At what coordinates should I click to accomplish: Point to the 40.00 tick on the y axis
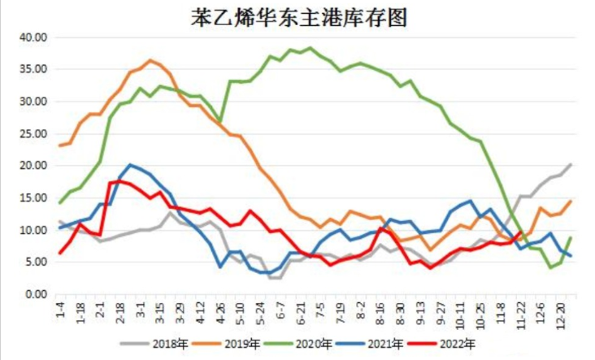tap(34, 37)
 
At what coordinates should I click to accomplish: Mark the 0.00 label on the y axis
tap(37, 294)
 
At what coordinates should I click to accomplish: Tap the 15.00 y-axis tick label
tap(34, 197)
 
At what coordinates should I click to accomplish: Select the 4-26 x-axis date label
tap(219, 310)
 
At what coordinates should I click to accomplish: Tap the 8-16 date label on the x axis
tap(379, 310)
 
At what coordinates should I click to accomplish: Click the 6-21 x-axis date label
tap(298, 310)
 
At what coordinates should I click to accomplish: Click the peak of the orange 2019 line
tap(150, 60)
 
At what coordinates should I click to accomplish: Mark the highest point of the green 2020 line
tap(310, 48)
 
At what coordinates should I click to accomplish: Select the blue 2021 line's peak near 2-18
tap(131, 165)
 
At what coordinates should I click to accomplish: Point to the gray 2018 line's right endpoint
tap(570, 164)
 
